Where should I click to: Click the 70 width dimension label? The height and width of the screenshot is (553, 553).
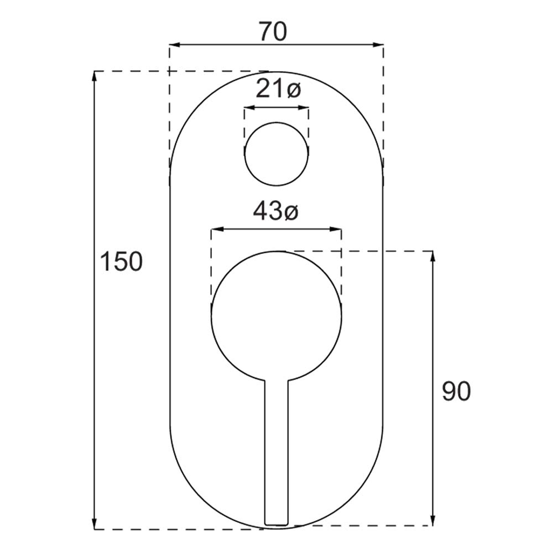click(x=273, y=31)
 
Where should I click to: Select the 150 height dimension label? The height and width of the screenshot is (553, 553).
click(x=122, y=262)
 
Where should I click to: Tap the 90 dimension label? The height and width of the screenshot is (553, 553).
click(x=456, y=391)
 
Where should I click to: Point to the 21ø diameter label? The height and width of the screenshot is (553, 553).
click(x=278, y=89)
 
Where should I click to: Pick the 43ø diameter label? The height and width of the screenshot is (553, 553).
click(x=276, y=211)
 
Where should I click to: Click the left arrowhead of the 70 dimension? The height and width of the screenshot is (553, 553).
click(x=175, y=45)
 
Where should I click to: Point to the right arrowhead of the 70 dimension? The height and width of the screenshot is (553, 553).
click(x=378, y=45)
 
